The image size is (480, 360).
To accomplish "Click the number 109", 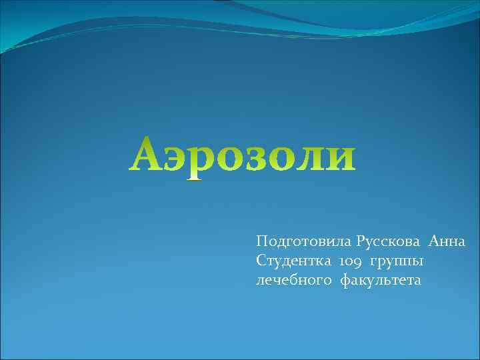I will click(349, 261).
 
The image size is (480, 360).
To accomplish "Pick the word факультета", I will click(381, 281).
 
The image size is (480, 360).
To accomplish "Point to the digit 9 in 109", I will click(357, 262).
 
